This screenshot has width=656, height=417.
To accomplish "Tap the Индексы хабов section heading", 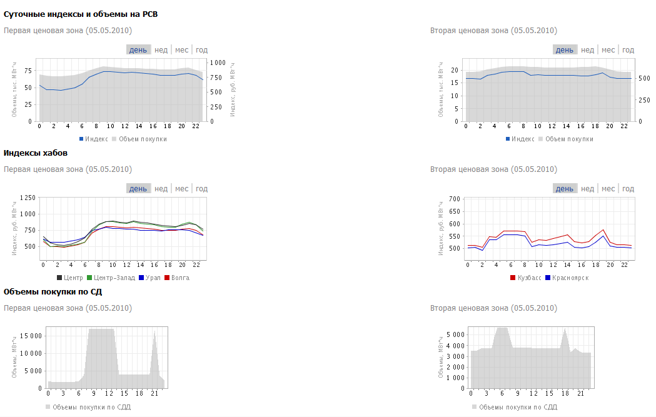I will (x=36, y=153).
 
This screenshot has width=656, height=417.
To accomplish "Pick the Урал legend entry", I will (x=149, y=278).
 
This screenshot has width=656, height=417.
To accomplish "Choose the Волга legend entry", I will (x=177, y=278).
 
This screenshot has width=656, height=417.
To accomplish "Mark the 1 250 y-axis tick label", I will (x=28, y=198).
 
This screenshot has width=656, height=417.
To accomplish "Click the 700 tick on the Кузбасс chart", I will (x=454, y=199).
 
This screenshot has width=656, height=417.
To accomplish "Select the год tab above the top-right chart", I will (x=628, y=50).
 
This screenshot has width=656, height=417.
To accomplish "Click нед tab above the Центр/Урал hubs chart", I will (x=161, y=189).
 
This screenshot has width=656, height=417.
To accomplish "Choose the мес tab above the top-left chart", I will (x=181, y=50).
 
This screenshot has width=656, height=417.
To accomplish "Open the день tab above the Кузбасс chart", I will (x=564, y=189).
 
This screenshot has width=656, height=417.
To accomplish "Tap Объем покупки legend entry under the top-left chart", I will (x=143, y=139).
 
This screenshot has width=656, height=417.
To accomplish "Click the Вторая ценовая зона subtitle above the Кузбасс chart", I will (x=493, y=169).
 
